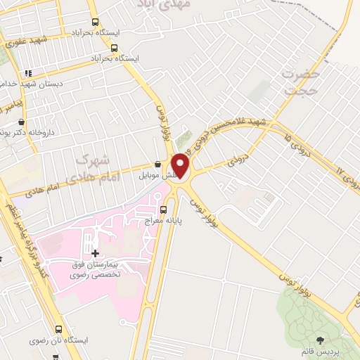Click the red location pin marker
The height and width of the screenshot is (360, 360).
181,165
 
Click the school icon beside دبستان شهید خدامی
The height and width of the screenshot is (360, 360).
27,72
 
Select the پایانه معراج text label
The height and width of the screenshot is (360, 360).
164,220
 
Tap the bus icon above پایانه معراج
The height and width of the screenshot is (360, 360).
164,208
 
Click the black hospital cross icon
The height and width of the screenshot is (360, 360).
96,252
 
